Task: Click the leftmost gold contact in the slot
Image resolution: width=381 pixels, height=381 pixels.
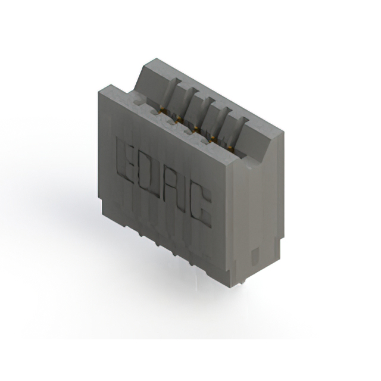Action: point(160,110)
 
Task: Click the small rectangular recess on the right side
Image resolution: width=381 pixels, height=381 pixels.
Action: point(255,257)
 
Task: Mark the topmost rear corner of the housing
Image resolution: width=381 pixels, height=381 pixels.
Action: point(156,59)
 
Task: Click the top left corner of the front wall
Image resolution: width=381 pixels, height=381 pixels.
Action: point(99,89)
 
